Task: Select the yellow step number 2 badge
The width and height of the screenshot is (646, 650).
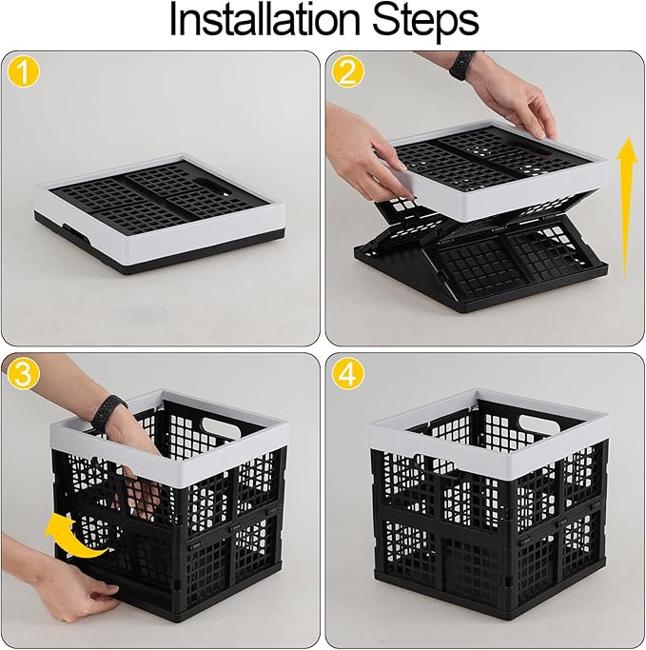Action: [x=345, y=73]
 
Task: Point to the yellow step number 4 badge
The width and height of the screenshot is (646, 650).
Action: [x=345, y=375]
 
